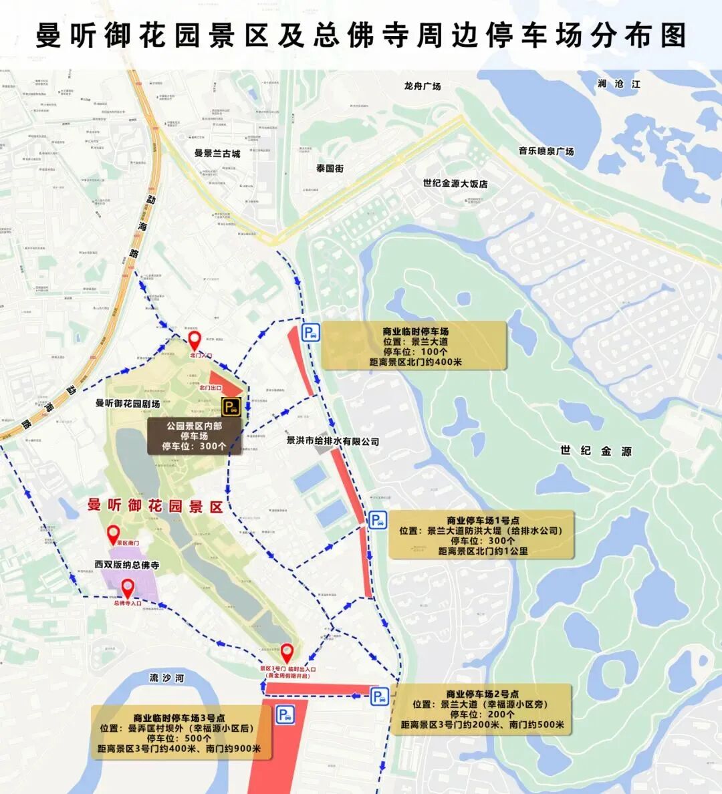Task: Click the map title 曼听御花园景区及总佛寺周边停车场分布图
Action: tap(361, 35)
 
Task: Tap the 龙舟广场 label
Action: tap(422, 86)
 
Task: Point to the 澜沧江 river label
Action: tap(619, 84)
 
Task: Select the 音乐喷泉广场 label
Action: tap(546, 151)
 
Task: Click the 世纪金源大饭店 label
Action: tap(455, 183)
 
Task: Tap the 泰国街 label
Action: tap(330, 168)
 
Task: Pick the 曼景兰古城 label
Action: tap(217, 153)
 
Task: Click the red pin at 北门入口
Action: tap(194, 340)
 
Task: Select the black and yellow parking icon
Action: tap(231, 407)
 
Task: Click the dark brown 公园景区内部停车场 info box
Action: tap(194, 436)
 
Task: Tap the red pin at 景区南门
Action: tap(114, 533)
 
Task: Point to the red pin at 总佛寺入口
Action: tap(127, 588)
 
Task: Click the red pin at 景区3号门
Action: tap(287, 651)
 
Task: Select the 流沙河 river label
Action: tap(166, 678)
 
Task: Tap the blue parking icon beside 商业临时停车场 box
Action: tap(310, 333)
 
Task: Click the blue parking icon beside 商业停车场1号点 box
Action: tap(377, 521)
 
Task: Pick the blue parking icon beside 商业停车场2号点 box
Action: tap(379, 697)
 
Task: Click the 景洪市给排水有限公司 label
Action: tap(332, 441)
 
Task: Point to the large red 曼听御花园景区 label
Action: tap(155, 506)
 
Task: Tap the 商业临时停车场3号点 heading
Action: tap(179, 718)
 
